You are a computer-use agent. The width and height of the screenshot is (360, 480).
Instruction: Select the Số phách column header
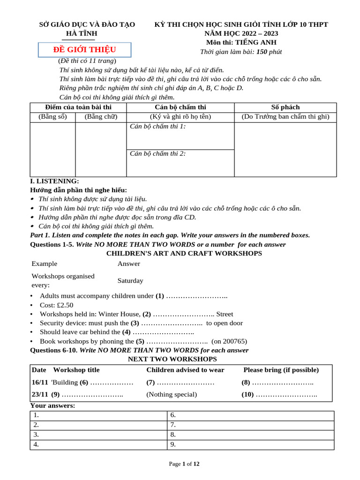click(285, 107)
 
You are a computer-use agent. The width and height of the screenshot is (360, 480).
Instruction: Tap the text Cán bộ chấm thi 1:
click(157, 126)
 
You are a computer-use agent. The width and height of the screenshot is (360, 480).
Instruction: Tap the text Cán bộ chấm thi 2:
click(157, 153)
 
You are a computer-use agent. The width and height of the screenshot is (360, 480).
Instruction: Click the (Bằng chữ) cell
click(101, 117)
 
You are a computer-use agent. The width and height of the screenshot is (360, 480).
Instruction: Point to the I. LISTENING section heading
click(54, 181)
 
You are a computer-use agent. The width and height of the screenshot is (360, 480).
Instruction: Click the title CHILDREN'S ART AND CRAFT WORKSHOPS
click(184, 253)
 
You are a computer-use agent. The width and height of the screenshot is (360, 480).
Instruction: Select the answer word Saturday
click(130, 281)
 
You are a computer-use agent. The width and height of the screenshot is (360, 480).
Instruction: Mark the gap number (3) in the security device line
click(135, 323)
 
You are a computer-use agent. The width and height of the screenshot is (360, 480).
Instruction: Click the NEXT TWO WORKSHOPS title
click(172, 359)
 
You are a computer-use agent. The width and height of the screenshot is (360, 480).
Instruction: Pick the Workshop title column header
click(76, 370)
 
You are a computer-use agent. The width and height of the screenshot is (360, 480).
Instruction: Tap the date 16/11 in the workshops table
click(40, 382)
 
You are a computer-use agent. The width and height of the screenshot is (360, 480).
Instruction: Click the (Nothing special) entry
click(172, 394)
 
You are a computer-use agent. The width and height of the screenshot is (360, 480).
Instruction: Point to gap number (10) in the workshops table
click(247, 394)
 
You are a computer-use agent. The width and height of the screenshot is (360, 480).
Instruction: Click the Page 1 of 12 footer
click(184, 464)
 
